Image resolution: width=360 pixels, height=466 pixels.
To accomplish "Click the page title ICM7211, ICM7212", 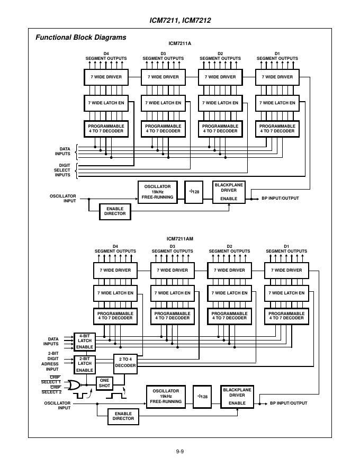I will tap(181, 21).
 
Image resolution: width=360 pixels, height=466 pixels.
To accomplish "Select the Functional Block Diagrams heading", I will tap(80, 38).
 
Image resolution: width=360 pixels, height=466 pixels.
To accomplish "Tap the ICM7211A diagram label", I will tap(181, 44).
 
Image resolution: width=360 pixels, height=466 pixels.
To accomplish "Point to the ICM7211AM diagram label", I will tap(180, 239).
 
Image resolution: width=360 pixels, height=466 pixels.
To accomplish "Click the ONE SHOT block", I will tap(104, 383).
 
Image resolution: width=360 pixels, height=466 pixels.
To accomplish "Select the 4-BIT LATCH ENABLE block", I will tap(85, 342).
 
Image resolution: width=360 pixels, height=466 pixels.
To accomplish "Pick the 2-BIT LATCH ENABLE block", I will tap(85, 364).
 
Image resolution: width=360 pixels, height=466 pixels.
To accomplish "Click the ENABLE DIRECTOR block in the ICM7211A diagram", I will tap(115, 211).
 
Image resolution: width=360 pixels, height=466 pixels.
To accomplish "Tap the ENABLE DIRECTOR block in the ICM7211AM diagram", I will tap(123, 416).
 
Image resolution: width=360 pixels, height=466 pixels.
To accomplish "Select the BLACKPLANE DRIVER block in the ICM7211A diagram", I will tap(229, 192).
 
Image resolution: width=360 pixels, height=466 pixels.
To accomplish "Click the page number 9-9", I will tap(180, 451).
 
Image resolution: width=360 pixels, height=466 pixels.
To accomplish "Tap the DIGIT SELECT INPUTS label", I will tap(62, 170).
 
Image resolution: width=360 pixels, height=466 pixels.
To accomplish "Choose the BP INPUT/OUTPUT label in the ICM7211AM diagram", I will tap(289, 403).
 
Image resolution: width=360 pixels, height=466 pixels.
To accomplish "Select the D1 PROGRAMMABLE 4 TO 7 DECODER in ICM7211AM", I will tap(286, 316).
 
